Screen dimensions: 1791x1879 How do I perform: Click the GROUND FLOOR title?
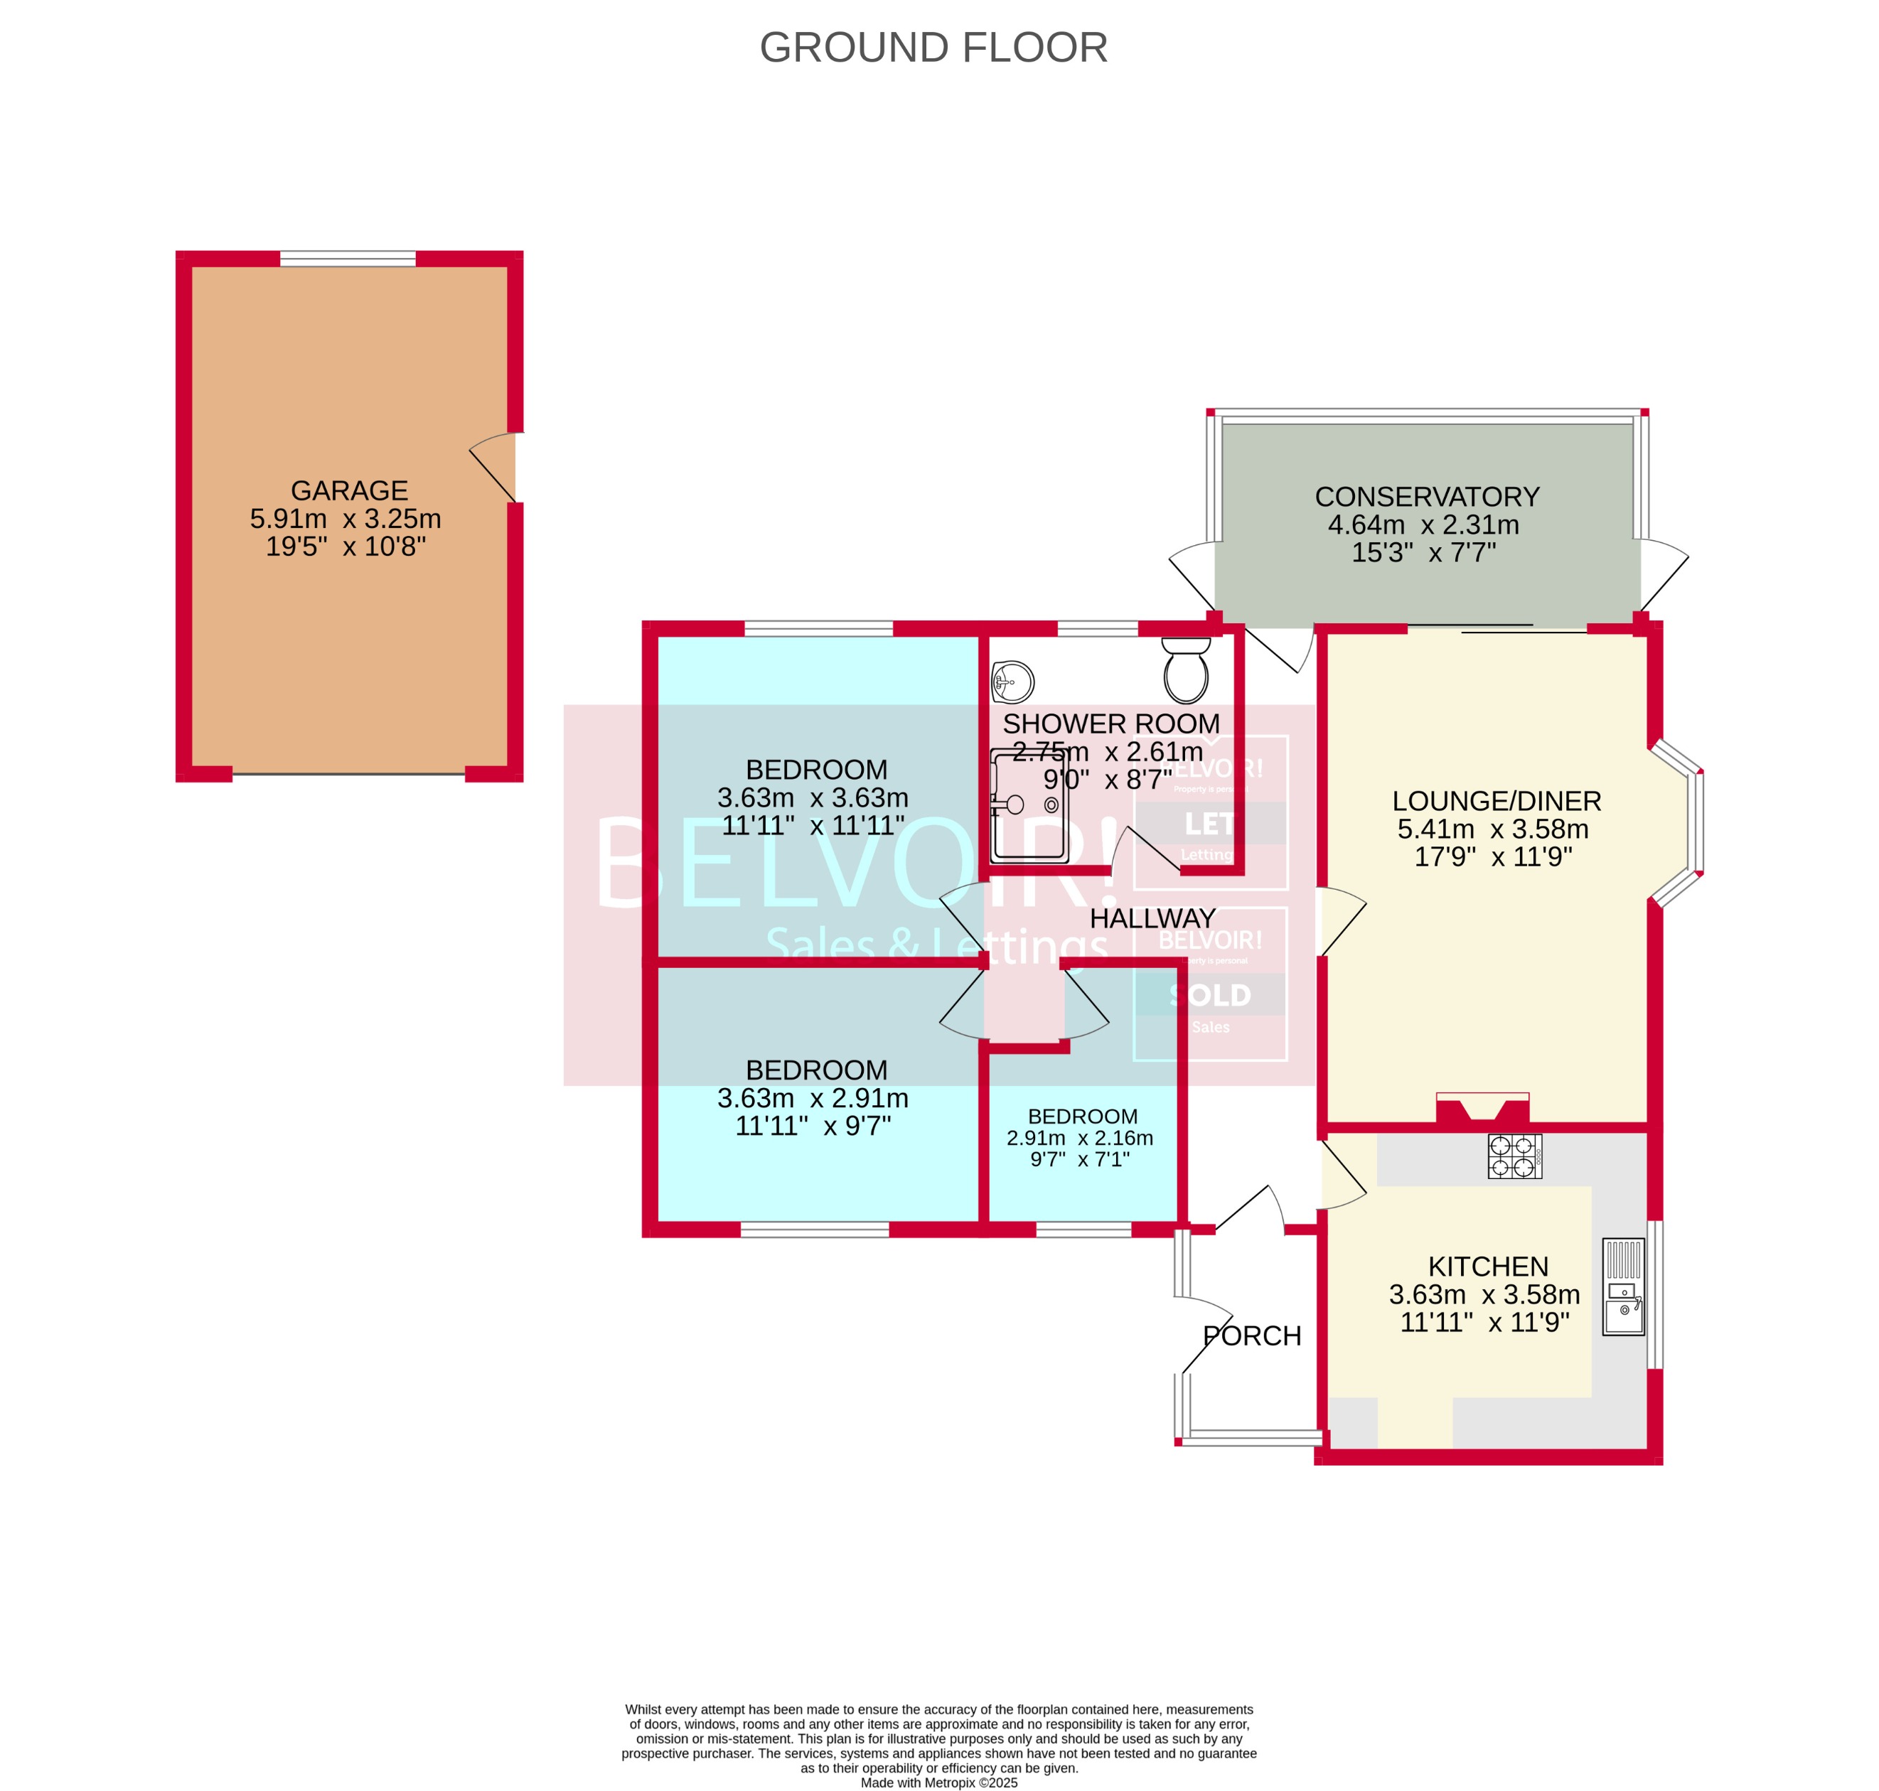(x=933, y=48)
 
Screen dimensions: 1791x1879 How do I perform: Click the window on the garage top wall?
(x=348, y=259)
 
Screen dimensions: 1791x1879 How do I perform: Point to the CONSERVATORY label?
(x=1426, y=497)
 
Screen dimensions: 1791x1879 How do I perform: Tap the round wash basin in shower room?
(x=1013, y=682)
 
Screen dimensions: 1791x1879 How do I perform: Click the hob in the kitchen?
(x=1514, y=1156)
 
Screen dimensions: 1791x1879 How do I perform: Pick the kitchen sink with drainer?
(x=1622, y=1287)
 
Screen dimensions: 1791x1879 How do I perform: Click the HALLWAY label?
(x=1152, y=918)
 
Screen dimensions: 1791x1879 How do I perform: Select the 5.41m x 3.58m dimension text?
(x=1492, y=829)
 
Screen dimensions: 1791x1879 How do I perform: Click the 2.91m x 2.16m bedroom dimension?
(x=1079, y=1138)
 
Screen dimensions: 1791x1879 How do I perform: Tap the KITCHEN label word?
(x=1487, y=1267)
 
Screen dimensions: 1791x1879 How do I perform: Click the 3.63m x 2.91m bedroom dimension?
(x=813, y=1098)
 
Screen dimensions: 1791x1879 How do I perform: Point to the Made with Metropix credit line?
(x=938, y=1782)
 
